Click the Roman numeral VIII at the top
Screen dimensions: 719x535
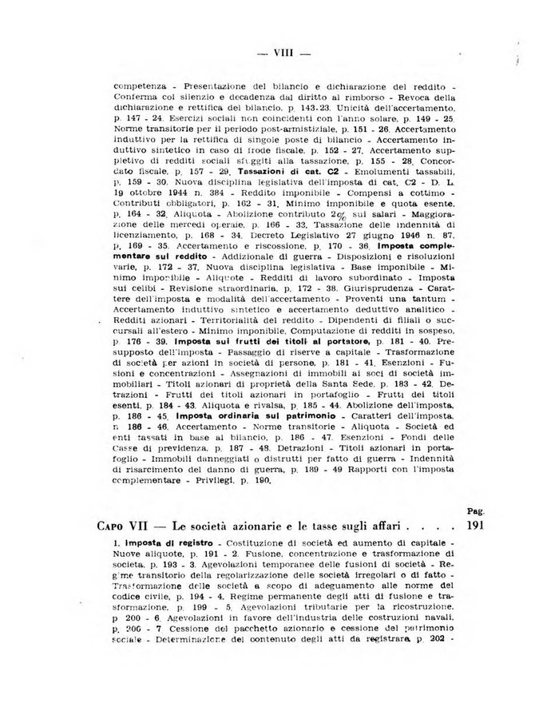285,54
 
